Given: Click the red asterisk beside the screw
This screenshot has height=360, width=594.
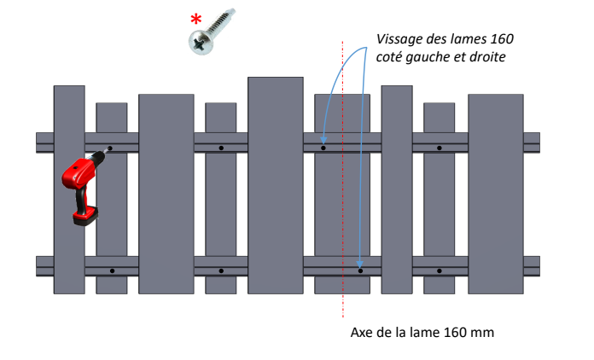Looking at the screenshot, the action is [195, 19].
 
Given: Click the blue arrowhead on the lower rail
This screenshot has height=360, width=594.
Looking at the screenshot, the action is [360, 264].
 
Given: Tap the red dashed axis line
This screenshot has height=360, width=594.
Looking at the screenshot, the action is [343, 179].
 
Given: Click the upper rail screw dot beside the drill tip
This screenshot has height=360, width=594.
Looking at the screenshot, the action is [110, 148].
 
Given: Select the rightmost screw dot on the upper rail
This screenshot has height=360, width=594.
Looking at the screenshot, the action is [439, 148].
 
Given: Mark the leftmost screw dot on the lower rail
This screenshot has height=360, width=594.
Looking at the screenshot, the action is [112, 270].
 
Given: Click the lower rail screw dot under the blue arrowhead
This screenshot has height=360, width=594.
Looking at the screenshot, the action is [360, 270].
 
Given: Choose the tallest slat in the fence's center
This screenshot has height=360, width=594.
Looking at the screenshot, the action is [276, 185].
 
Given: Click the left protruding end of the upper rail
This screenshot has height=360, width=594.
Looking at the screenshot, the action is [44, 142].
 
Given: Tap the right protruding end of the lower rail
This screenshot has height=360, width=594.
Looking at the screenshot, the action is [532, 266].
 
